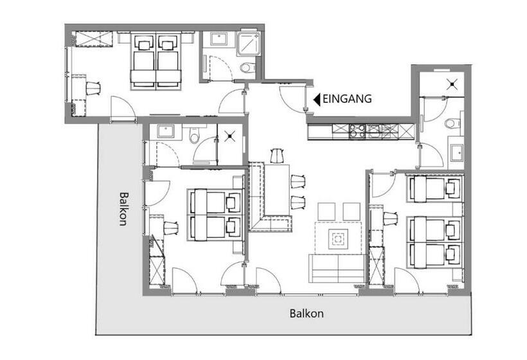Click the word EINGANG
coord(347,99)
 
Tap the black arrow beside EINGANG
coord(317,100)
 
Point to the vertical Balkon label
coord(123,209)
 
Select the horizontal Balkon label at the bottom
coord(307,314)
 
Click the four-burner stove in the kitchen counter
coord(357,131)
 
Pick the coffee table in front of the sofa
coord(338,239)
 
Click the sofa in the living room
coord(337,269)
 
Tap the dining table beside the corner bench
coord(277,190)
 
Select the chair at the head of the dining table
coord(278,156)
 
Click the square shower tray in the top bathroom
coord(247,44)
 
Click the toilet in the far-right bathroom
coord(452,123)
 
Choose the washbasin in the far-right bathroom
coord(456,152)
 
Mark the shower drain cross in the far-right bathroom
coord(452,84)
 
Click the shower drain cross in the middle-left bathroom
coord(230,136)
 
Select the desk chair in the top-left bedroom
coord(93,89)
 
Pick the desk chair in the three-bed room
coord(390,219)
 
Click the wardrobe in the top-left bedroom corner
coord(93,39)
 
